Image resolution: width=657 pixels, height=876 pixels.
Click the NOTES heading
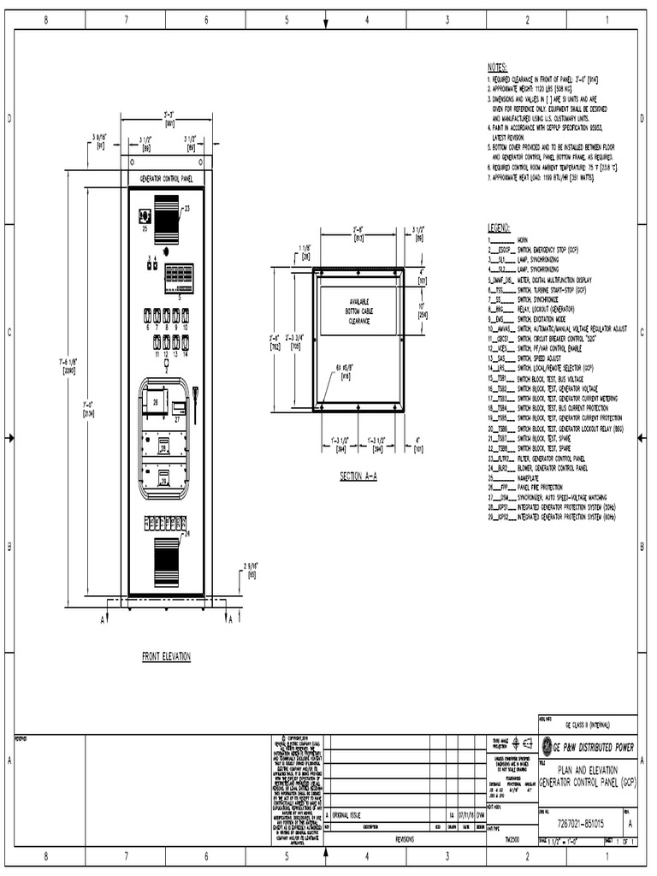(497, 67)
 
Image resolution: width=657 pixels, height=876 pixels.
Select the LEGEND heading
(499, 228)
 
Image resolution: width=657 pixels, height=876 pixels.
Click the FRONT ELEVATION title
(166, 656)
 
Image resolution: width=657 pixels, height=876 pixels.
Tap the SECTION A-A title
(364, 475)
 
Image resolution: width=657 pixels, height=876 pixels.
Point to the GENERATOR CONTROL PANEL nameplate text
(166, 180)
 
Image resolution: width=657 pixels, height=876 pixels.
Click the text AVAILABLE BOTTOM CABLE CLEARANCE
(358, 312)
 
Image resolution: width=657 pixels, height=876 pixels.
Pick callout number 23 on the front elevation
(187, 208)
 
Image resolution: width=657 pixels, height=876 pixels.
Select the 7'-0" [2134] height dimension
(88, 410)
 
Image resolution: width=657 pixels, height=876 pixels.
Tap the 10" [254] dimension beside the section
(422, 310)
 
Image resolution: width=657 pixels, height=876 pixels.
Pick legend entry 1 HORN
(513, 241)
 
